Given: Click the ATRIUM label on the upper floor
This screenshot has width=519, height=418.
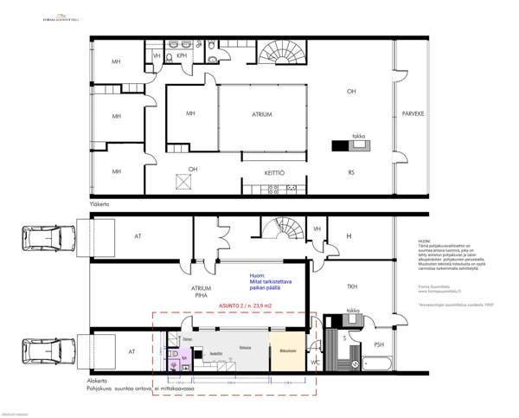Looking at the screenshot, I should point(261,114).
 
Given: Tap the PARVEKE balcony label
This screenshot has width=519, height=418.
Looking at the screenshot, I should point(412,114).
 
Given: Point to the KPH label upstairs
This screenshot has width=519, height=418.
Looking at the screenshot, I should point(183,55).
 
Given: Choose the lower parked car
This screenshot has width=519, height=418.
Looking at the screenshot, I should point(40,350).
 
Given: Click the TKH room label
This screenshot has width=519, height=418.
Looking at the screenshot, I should point(352,286).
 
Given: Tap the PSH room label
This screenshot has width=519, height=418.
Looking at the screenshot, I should point(378,344).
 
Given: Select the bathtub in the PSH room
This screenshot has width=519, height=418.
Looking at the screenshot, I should point(378,361).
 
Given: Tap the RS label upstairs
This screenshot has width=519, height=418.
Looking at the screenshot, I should point(350,171).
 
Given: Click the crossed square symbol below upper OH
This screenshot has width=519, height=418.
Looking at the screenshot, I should point(183,181).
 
